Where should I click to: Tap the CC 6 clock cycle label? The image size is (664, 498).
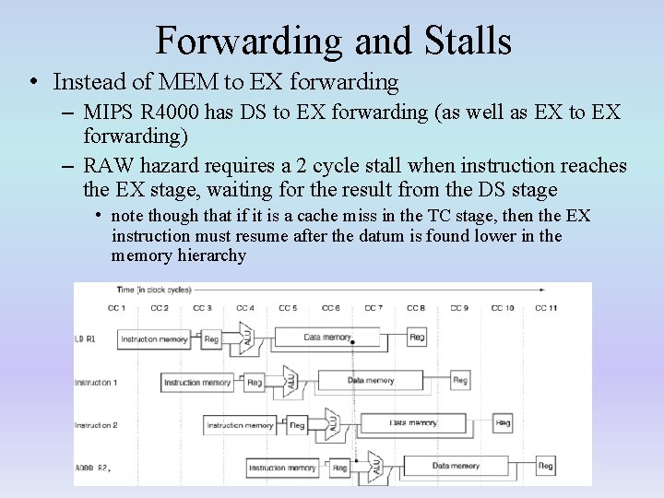pyautogui.click(x=331, y=308)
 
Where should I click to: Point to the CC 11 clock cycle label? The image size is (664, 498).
pyautogui.click(x=546, y=308)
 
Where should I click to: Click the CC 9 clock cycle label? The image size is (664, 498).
pyautogui.click(x=459, y=308)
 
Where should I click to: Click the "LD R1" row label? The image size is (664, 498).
pyautogui.click(x=86, y=338)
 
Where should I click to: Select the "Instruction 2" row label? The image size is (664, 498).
pyautogui.click(x=96, y=425)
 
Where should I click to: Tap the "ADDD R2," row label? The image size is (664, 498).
pyautogui.click(x=92, y=468)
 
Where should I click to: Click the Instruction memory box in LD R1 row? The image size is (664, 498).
pyautogui.click(x=154, y=338)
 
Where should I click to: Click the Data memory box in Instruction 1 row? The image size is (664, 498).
pyautogui.click(x=370, y=381)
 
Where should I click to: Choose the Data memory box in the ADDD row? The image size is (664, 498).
pyautogui.click(x=456, y=467)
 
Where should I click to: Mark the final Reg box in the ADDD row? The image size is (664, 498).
pyautogui.click(x=546, y=467)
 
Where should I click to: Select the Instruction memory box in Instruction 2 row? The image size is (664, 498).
pyautogui.click(x=240, y=424)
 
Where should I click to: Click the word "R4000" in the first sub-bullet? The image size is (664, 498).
pyautogui.click(x=172, y=113)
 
